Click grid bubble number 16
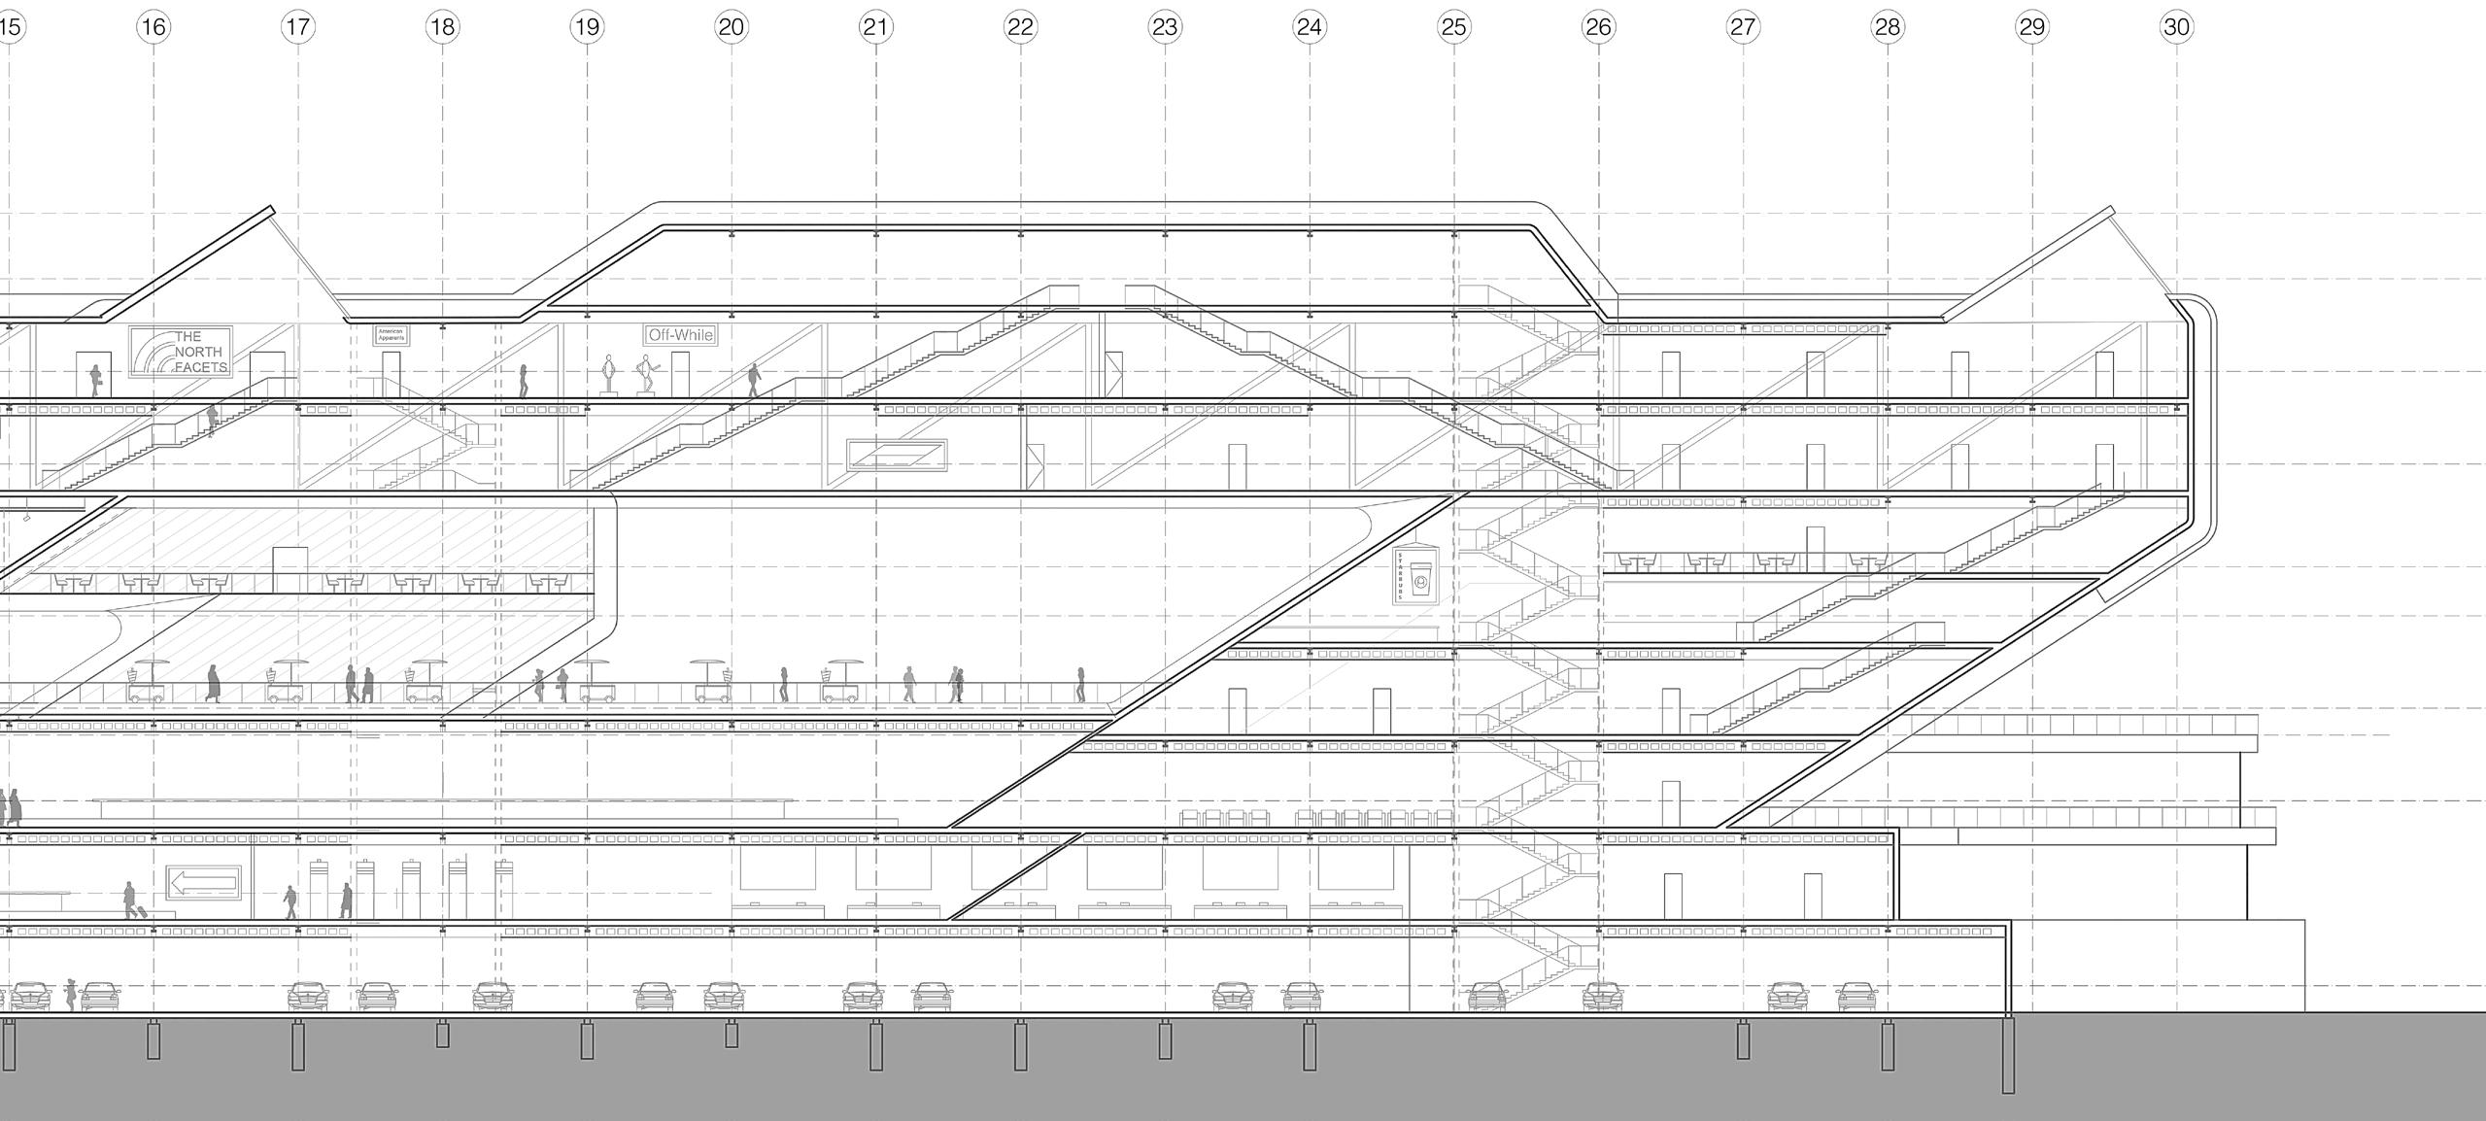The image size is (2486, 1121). pos(153,26)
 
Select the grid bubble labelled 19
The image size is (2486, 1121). pos(587,26)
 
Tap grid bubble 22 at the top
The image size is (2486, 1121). pos(1020,26)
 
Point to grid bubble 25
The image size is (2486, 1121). pos(1453,26)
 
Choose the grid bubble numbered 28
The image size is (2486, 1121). pos(1887,26)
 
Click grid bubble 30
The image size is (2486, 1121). pos(2176,26)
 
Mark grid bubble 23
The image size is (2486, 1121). pos(1165,26)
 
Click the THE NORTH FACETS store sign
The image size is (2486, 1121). pos(181,352)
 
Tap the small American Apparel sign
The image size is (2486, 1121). pos(392,335)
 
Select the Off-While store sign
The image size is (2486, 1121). pos(680,335)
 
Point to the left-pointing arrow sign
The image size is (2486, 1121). pos(203,884)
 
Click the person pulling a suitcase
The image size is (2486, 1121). pos(130,900)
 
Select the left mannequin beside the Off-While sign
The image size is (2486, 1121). pos(609,374)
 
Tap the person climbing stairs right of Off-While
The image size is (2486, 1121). pos(754,381)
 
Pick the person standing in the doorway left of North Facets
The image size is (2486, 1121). pos(95,380)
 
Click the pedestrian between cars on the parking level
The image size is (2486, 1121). pos(70,994)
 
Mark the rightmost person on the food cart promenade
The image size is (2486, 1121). pos(1079,684)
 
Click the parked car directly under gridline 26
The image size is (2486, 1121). pos(1601,996)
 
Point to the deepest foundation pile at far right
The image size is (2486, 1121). pos(2009,1054)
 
